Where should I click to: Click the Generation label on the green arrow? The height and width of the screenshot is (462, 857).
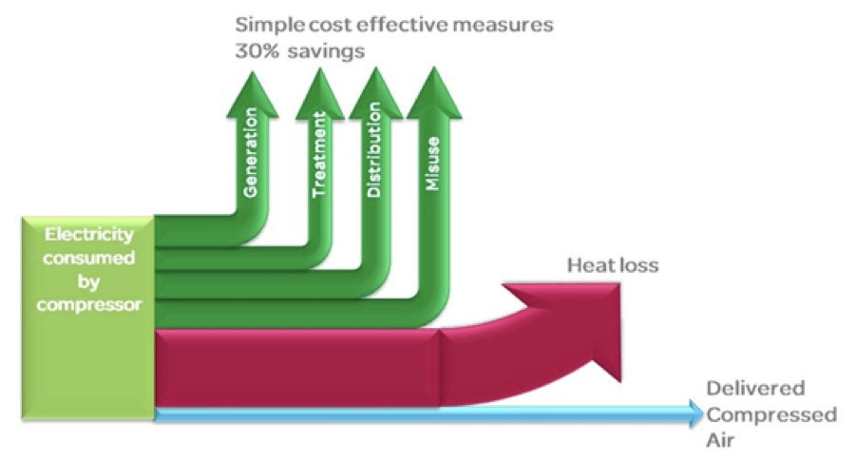pyautogui.click(x=250, y=152)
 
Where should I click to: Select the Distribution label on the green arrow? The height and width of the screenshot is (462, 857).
pyautogui.click(x=373, y=150)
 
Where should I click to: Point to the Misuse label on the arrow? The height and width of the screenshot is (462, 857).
pyautogui.click(x=432, y=164)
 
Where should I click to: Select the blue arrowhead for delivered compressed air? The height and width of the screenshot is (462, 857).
pyautogui.click(x=696, y=414)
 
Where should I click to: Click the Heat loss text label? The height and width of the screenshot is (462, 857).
pyautogui.click(x=613, y=265)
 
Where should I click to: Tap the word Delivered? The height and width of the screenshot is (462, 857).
pyautogui.click(x=755, y=388)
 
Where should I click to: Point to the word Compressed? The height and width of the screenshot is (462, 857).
pyautogui.click(x=771, y=415)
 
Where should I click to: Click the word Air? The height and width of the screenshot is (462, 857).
pyautogui.click(x=720, y=440)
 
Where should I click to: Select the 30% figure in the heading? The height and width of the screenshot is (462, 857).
pyautogui.click(x=257, y=50)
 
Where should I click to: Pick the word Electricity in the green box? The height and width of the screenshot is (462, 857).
pyautogui.click(x=89, y=235)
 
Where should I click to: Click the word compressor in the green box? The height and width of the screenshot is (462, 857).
pyautogui.click(x=89, y=304)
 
